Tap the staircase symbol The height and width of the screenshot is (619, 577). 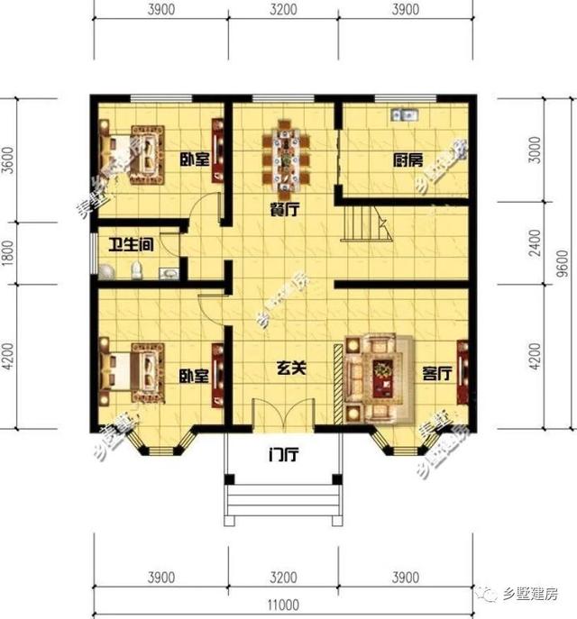pyautogui.click(x=364, y=223)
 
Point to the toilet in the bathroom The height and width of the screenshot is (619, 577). pyautogui.click(x=136, y=269)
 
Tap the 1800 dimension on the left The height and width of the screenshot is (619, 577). pyautogui.click(x=9, y=253)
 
